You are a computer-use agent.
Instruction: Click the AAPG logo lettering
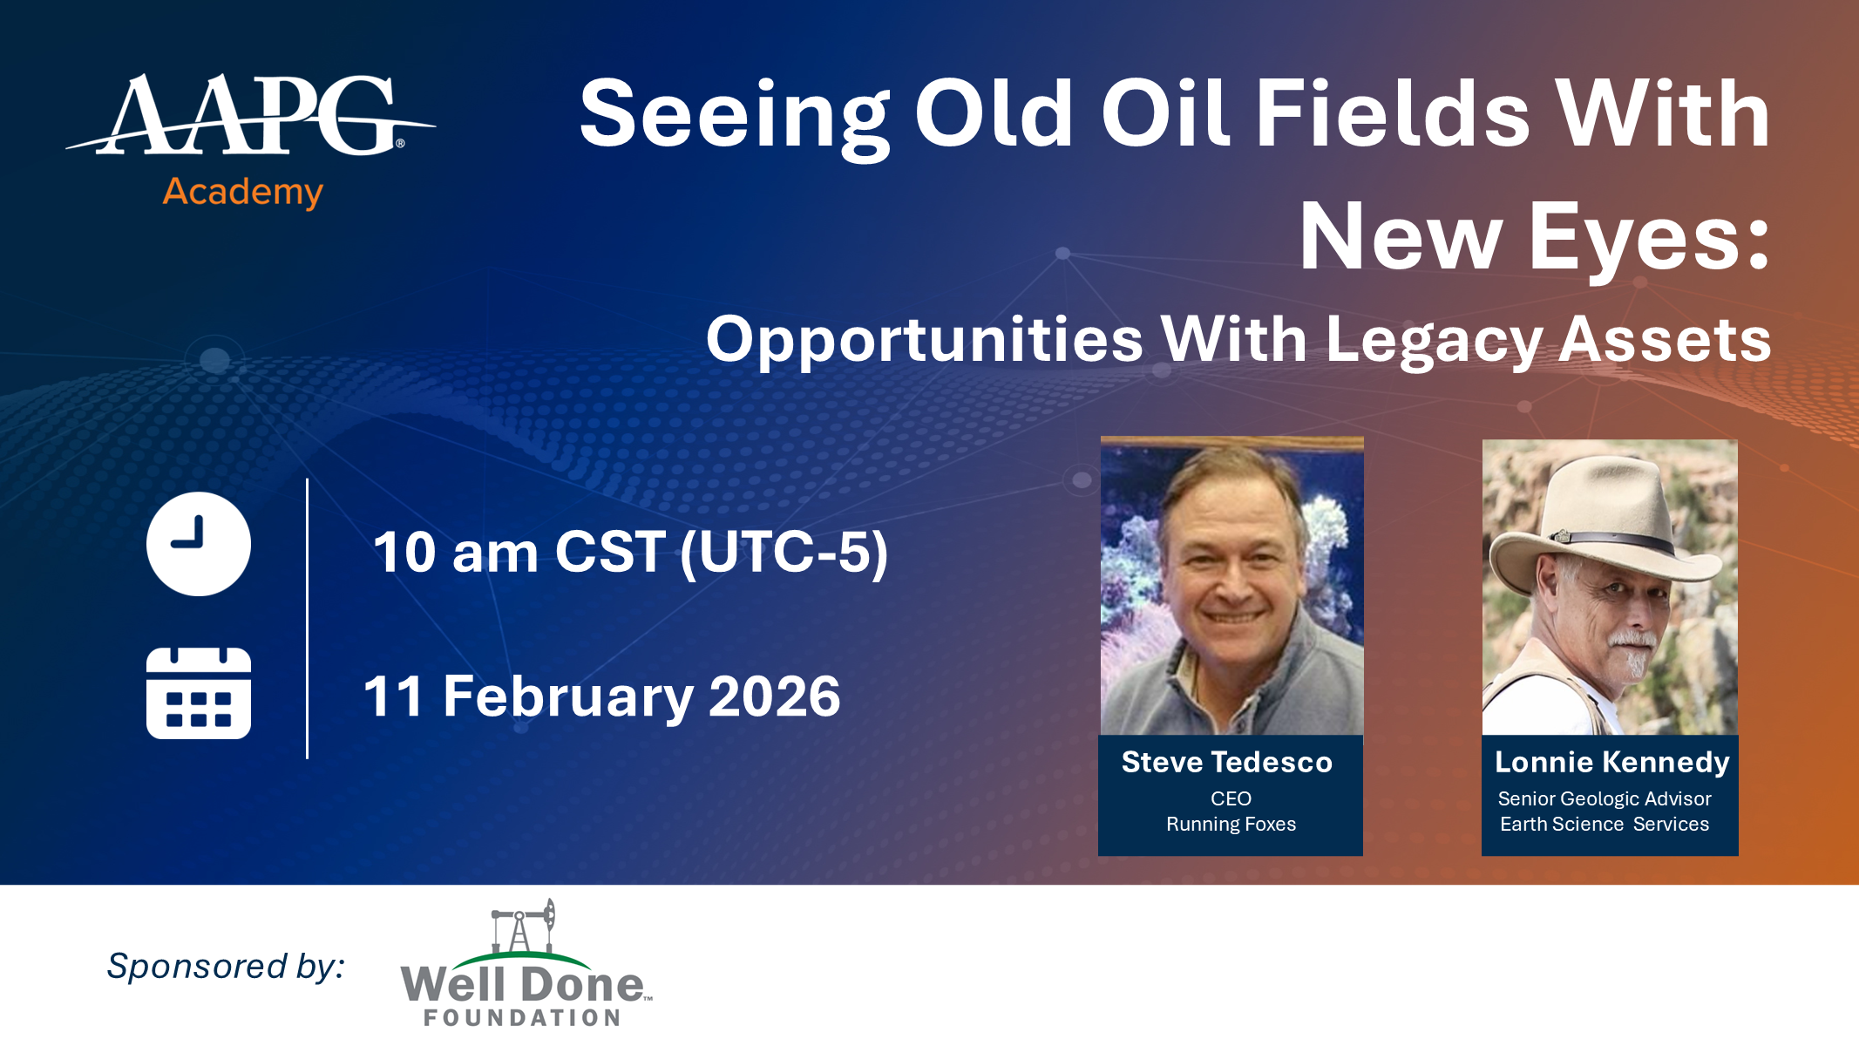tap(250, 115)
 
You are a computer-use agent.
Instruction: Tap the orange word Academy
tap(243, 192)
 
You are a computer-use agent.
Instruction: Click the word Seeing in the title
tap(734, 117)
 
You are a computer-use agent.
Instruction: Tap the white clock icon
tap(199, 544)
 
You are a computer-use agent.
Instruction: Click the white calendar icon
tap(199, 693)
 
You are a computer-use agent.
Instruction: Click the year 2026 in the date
tap(775, 696)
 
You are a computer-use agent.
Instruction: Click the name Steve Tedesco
tap(1227, 762)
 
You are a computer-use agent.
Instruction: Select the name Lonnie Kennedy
tap(1612, 763)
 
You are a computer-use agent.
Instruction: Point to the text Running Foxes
tap(1231, 824)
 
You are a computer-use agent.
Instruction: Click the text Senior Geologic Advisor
tap(1605, 798)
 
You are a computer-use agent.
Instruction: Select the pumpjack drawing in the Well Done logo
tap(523, 926)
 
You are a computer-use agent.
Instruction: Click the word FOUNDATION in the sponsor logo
tap(522, 1017)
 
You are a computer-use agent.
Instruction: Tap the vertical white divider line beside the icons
tap(308, 619)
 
